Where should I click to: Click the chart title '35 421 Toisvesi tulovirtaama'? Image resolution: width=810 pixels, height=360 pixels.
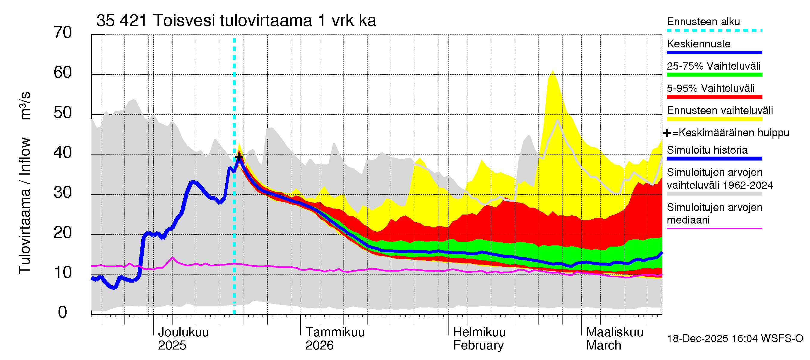click(236, 21)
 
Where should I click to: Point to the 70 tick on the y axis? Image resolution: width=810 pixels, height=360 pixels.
click(63, 33)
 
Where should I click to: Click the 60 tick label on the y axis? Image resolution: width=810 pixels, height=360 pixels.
click(63, 73)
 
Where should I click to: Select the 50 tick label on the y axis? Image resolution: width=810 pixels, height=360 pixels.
click(63, 112)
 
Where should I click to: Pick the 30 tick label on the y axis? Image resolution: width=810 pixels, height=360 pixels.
click(63, 192)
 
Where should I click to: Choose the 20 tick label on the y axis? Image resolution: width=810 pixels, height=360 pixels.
click(63, 233)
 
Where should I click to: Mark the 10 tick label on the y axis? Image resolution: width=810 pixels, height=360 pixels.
click(63, 272)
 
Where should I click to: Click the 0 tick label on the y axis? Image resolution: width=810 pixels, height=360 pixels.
click(63, 312)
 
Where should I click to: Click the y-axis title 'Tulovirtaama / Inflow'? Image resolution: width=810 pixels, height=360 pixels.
click(25, 206)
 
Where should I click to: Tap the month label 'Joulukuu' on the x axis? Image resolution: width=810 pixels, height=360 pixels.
click(183, 332)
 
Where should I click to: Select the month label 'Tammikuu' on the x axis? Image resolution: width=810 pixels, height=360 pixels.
click(335, 332)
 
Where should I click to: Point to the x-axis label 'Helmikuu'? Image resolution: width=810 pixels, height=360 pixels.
click(479, 332)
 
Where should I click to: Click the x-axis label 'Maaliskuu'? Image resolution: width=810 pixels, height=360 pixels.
click(615, 332)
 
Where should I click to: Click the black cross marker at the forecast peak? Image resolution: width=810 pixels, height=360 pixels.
click(239, 157)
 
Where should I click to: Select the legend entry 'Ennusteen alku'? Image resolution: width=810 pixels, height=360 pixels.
click(703, 22)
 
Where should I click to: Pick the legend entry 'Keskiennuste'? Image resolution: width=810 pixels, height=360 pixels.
click(698, 44)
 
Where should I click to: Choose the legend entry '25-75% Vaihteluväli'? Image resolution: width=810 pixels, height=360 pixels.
click(713, 66)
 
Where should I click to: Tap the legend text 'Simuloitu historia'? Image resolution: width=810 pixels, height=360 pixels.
click(707, 150)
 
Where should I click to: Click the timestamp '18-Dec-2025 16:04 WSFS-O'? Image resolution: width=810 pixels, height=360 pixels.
click(735, 339)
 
